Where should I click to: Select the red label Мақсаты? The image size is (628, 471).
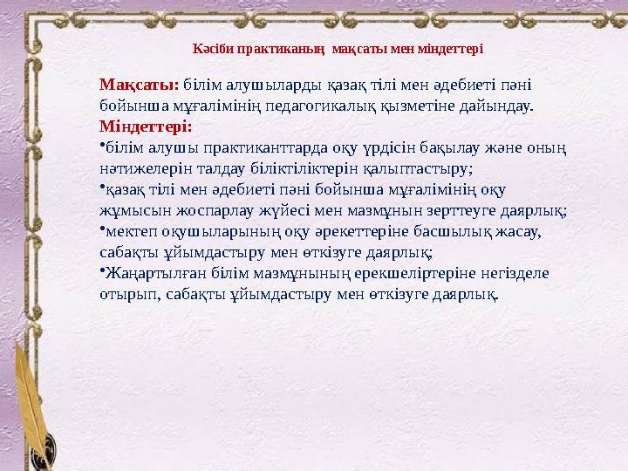[x=140, y=85]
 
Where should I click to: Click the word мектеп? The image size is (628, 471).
[x=130, y=231]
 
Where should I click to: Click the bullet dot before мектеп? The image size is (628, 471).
[x=102, y=228]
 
